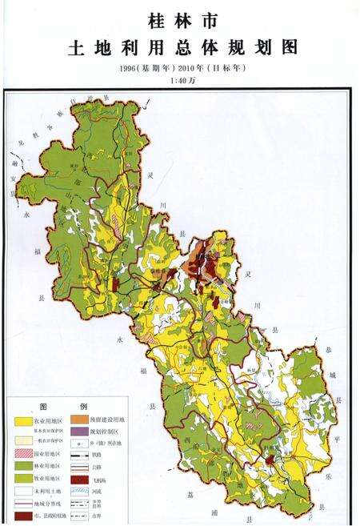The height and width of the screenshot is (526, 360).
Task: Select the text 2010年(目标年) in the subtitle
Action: pyautogui.click(x=211, y=67)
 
